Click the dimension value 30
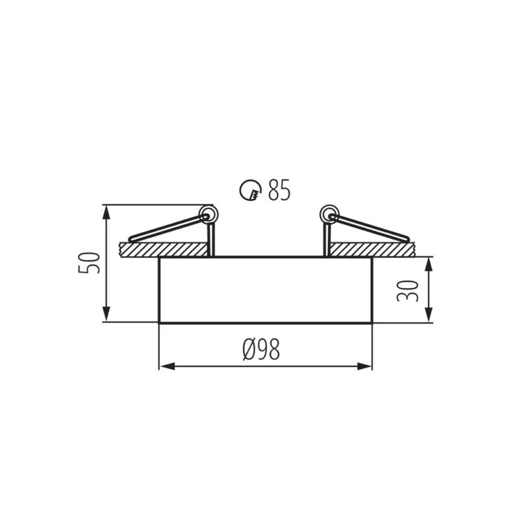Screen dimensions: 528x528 pos(408,289)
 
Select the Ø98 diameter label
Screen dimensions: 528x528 pos(261,350)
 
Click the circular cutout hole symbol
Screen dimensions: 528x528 pos(250,191)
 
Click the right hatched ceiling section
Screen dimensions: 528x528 pos(372,249)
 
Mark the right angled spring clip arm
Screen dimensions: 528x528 pos(370,228)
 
